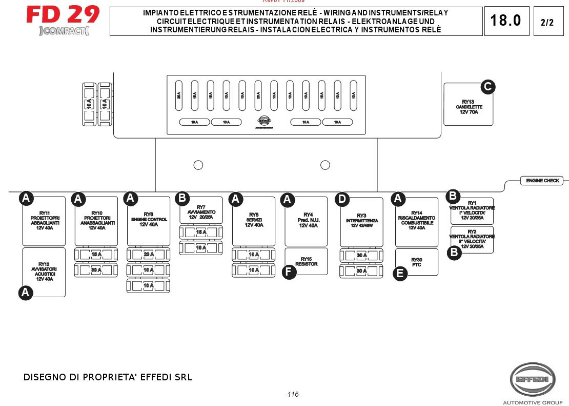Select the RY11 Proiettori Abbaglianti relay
tap(44, 221)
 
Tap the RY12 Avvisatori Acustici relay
tap(44, 272)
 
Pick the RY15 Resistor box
tap(306, 261)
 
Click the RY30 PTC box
tap(417, 262)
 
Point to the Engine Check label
tap(542, 181)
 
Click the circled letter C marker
tap(487, 87)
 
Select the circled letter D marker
tap(342, 199)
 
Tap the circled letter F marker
tap(289, 272)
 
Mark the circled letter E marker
tap(400, 274)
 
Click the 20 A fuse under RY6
tap(148, 255)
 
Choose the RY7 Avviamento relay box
tap(201, 210)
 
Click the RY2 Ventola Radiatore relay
tap(472, 240)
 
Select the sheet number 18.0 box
tap(505, 21)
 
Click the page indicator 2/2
tap(547, 23)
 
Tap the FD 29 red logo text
tap(63, 14)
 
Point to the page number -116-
tap(292, 394)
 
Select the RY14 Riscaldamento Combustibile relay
tap(417, 221)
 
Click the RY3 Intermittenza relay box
tap(361, 221)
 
